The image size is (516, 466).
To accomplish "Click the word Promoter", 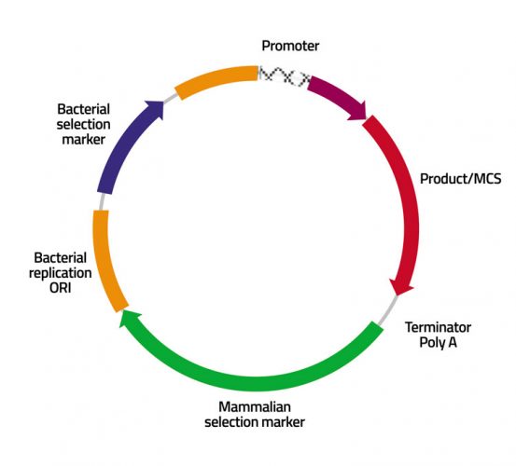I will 291,46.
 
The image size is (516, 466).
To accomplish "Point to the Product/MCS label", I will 460,178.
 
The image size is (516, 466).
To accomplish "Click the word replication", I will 63,272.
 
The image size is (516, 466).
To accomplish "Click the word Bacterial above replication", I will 61,256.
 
